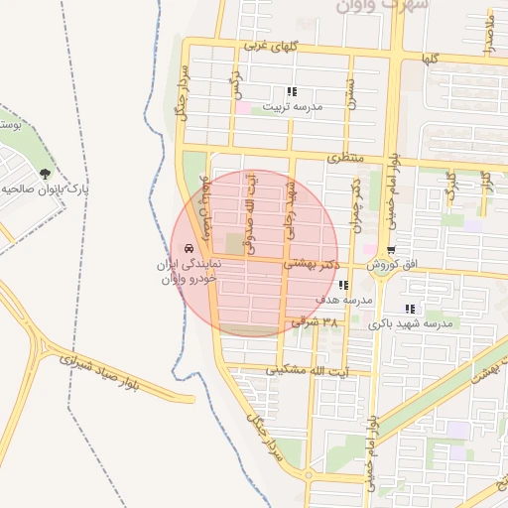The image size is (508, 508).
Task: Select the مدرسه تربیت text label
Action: click(x=295, y=105)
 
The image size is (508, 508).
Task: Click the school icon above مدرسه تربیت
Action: click(x=291, y=91)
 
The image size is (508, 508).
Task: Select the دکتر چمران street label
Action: click(x=355, y=204)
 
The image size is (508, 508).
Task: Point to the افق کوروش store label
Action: click(x=397, y=265)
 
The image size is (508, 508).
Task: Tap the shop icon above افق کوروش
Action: click(x=392, y=250)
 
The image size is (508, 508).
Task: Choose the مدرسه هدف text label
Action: click(x=344, y=299)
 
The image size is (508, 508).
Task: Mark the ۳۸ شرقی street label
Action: click(x=317, y=322)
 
